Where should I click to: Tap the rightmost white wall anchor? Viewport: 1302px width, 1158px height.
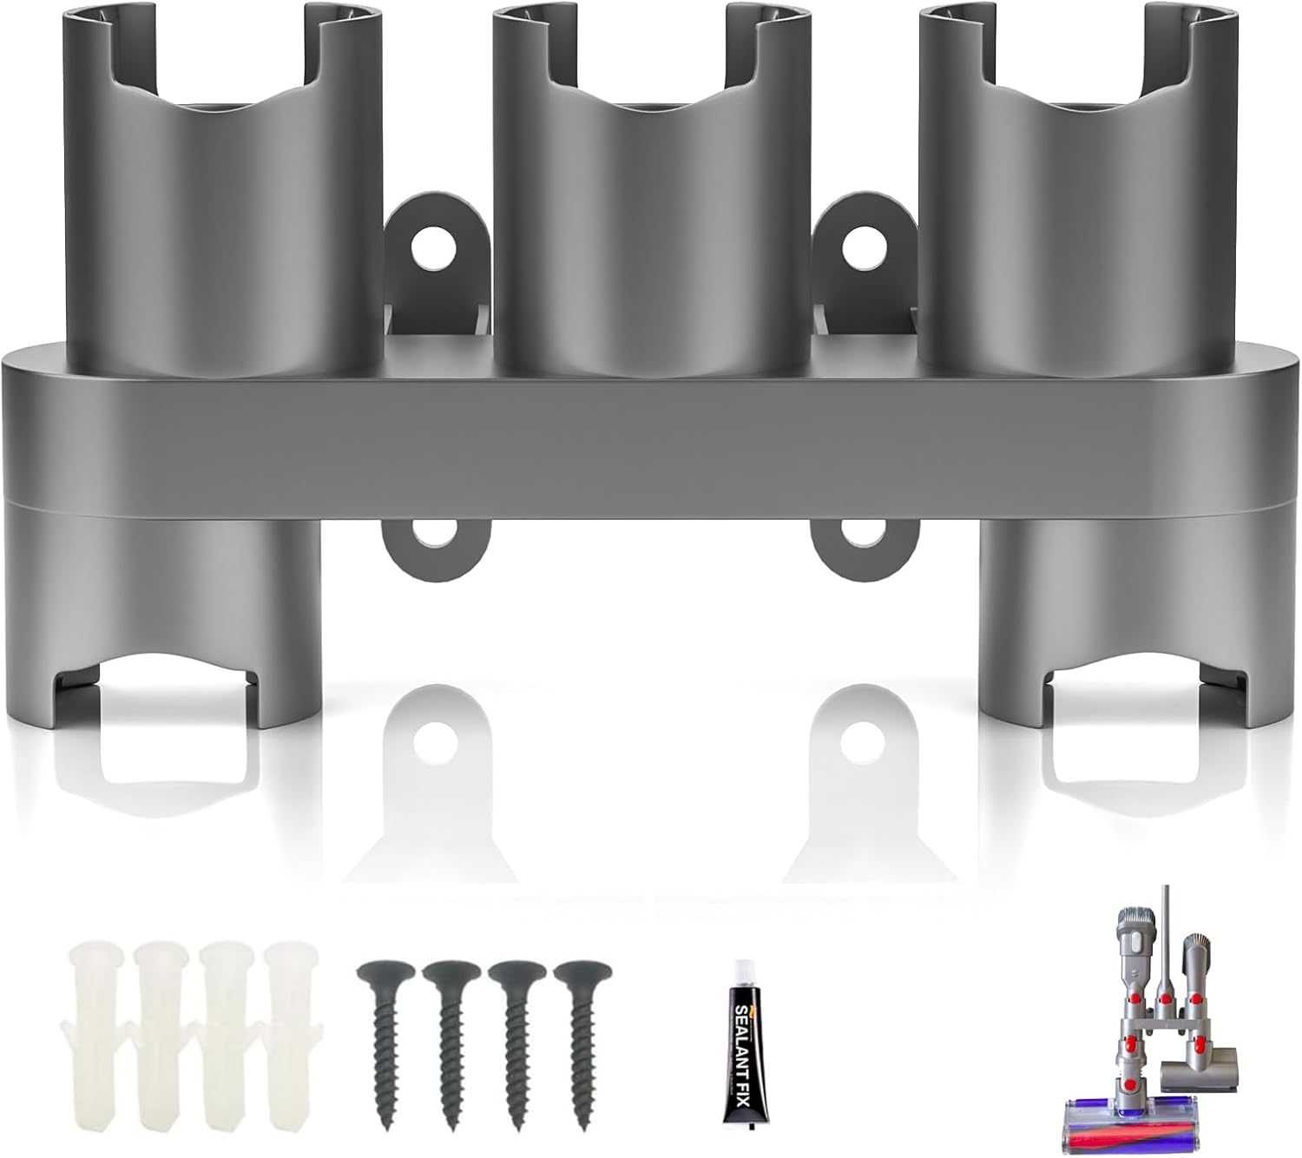click(x=292, y=1007)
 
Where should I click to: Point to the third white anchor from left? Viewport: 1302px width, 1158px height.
click(x=226, y=1007)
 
